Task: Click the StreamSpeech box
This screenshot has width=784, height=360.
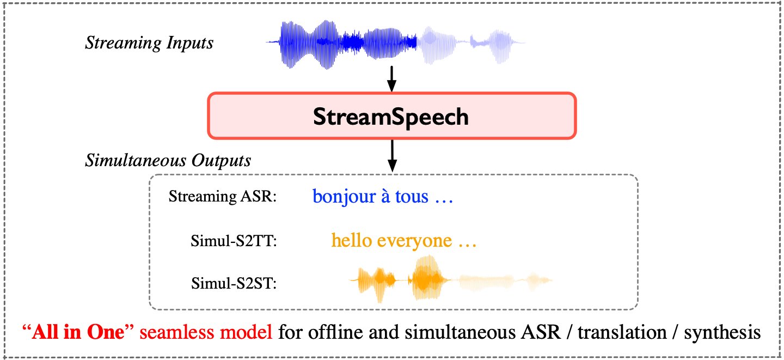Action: coord(391,116)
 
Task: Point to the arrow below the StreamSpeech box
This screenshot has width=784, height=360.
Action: coord(391,156)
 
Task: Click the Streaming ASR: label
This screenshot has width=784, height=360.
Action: coord(223,197)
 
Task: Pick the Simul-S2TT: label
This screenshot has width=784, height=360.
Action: coord(234,240)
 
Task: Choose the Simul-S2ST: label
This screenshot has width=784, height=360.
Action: coord(234,283)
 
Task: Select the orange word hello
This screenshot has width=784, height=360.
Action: coord(350,240)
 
